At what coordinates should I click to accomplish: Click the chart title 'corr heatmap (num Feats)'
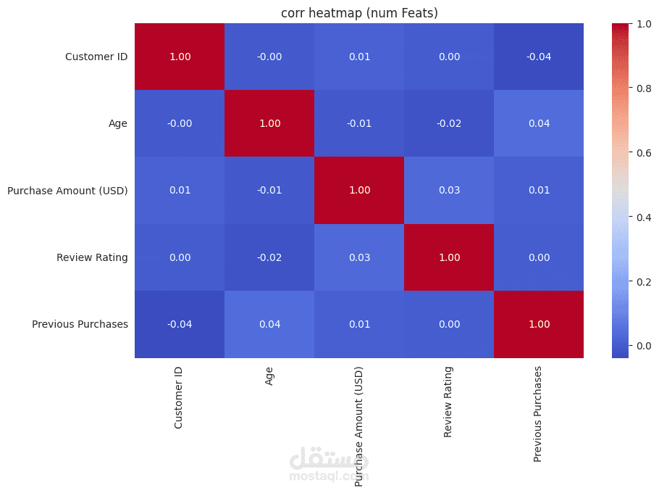pyautogui.click(x=359, y=12)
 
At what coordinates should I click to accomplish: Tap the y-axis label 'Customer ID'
pyautogui.click(x=96, y=57)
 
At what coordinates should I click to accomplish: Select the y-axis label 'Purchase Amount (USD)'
pyautogui.click(x=67, y=191)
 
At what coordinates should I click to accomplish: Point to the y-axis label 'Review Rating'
pyautogui.click(x=92, y=257)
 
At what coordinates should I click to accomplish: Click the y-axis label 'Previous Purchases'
pyautogui.click(x=80, y=324)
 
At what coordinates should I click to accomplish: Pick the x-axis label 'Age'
pyautogui.click(x=269, y=375)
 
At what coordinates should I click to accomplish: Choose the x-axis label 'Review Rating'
pyautogui.click(x=448, y=402)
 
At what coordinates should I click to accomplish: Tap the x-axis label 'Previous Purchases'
pyautogui.click(x=538, y=413)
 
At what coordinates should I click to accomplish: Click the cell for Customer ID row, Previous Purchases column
pyautogui.click(x=538, y=57)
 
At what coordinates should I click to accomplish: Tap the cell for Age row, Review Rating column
pyautogui.click(x=448, y=123)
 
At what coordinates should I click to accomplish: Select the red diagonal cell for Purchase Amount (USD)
pyautogui.click(x=359, y=191)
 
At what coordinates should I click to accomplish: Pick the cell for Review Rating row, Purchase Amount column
pyautogui.click(x=359, y=257)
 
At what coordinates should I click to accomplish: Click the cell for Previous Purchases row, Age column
pyautogui.click(x=269, y=324)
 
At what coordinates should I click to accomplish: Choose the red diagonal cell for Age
pyautogui.click(x=269, y=123)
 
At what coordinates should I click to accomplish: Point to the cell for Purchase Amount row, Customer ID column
pyautogui.click(x=180, y=191)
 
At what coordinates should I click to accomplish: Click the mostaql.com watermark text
pyautogui.click(x=329, y=476)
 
